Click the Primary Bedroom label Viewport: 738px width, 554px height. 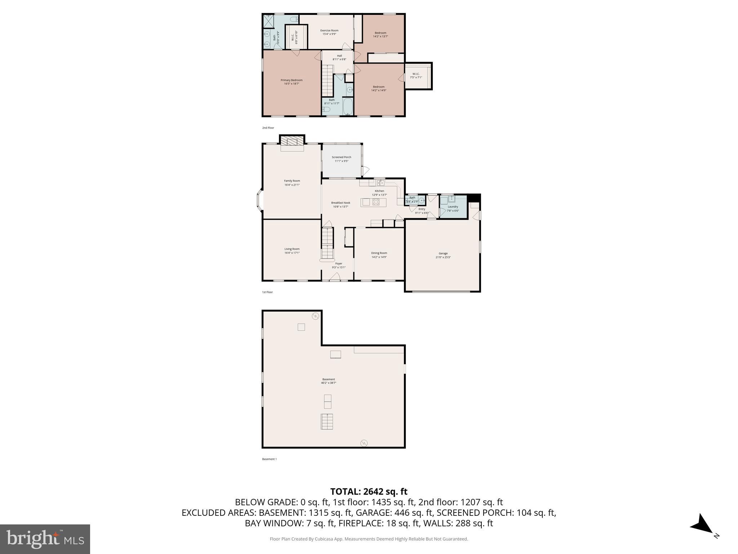pos(292,80)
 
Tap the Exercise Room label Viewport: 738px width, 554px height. pos(329,31)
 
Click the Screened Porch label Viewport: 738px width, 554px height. pos(341,157)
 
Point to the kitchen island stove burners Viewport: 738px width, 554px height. pos(376,202)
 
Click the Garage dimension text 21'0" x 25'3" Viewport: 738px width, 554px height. pos(443,257)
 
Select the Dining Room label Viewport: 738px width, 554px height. pos(379,253)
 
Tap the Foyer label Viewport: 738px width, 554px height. pos(338,264)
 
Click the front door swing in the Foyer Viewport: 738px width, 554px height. pos(335,277)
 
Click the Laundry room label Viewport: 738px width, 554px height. pos(453,207)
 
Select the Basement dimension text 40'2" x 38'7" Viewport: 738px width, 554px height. pos(328,383)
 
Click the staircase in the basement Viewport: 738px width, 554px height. pos(326,421)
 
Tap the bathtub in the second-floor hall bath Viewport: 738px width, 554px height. pos(348,106)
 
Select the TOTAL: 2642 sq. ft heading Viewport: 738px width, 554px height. pos(369,492)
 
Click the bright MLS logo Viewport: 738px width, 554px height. pos(45,539)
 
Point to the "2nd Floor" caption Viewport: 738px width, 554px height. pos(268,128)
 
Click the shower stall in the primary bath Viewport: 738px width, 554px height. pos(268,21)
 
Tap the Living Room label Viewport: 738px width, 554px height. pos(292,249)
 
